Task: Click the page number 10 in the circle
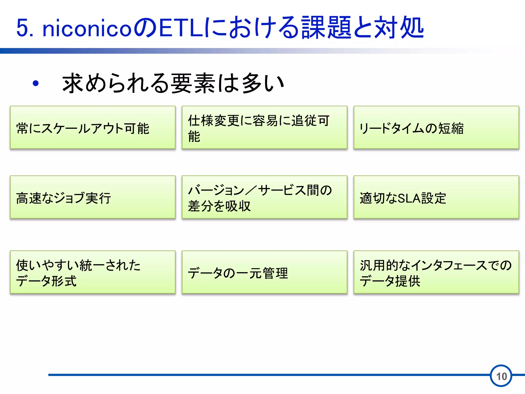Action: tap(501, 376)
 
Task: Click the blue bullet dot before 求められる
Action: tap(36, 83)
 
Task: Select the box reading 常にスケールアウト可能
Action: tap(93, 127)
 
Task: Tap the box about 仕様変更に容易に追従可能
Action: tap(264, 127)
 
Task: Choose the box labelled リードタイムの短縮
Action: tap(436, 127)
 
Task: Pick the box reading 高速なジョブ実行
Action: tap(93, 197)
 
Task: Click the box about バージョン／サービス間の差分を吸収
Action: tap(264, 197)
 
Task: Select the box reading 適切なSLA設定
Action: tap(436, 197)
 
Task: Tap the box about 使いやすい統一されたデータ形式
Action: tap(93, 272)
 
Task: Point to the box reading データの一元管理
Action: tap(264, 272)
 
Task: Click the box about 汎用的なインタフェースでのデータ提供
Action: tap(436, 272)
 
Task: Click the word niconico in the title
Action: tap(87, 28)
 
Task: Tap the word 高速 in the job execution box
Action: tap(29, 198)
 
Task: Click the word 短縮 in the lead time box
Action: tap(451, 129)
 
